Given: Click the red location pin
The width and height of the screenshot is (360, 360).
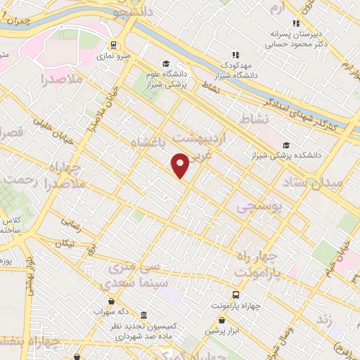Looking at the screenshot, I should pos(181,165).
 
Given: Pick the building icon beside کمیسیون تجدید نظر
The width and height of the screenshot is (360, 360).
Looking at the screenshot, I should pos(144,315).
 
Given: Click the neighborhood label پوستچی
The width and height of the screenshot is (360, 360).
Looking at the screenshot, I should pos(259,208).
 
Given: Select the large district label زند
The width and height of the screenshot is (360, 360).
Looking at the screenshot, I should pos(324,319).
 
